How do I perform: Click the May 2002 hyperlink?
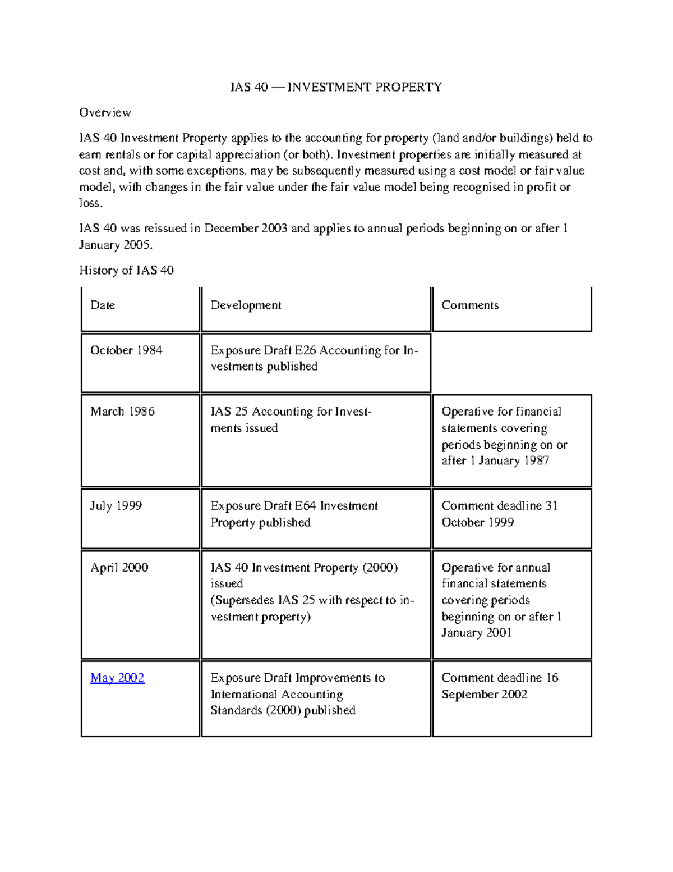coord(117,678)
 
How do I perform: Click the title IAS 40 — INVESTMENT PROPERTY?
coord(336,87)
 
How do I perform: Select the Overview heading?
coord(105,112)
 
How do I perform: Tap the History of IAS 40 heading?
coord(126,270)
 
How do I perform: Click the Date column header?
coord(103,305)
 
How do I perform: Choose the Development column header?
coord(246,305)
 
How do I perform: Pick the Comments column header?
coord(470,305)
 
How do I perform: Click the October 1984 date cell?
coord(126,350)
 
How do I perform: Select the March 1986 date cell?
coord(122,411)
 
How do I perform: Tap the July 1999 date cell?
coord(116,505)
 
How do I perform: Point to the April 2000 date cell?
coord(119,567)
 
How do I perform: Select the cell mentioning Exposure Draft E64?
coord(294,514)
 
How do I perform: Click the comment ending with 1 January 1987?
coord(504,436)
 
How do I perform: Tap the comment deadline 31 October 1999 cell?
coord(499,514)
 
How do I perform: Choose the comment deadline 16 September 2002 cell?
coord(499,686)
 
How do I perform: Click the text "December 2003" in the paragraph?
coord(246,229)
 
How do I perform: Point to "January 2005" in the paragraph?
coord(114,245)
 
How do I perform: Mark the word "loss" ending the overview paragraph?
coord(90,203)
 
